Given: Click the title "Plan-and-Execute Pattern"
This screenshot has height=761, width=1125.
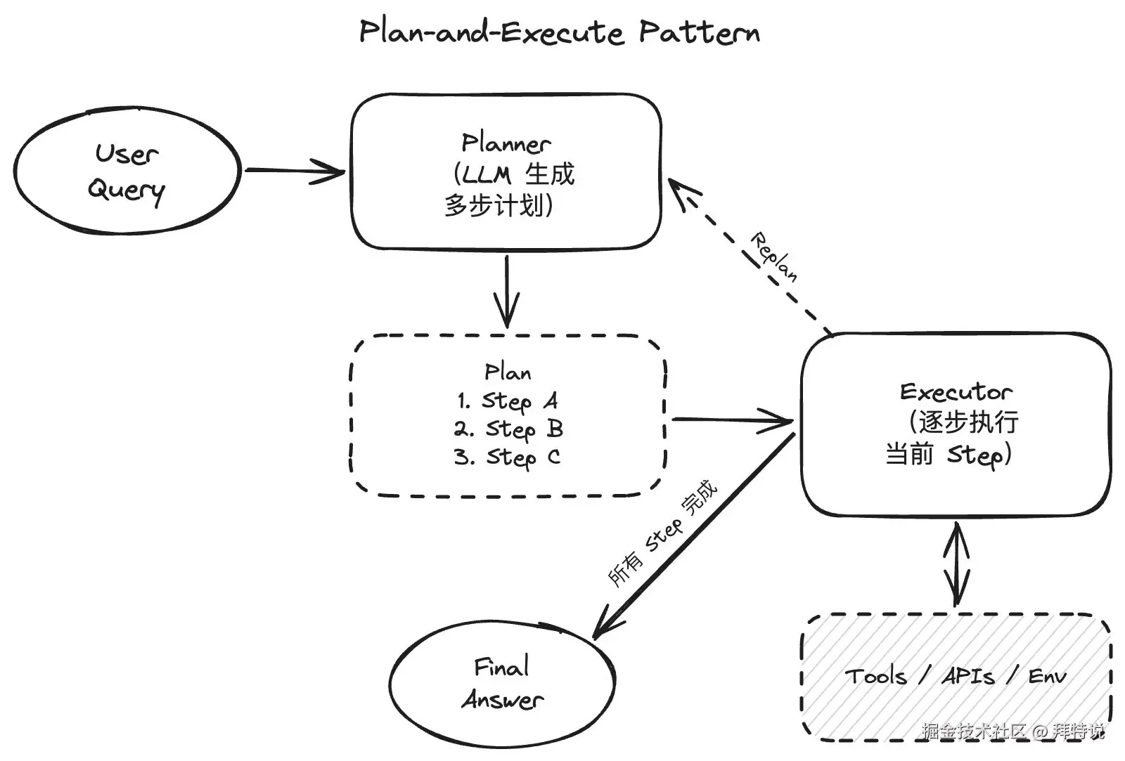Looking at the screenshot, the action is (560, 32).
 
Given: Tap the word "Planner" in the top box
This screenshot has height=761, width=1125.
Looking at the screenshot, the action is (506, 143).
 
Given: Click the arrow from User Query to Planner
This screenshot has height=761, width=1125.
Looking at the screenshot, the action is (295, 171).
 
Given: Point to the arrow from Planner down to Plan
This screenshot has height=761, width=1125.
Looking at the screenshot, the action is (507, 291).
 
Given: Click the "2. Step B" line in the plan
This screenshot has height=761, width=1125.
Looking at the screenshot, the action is (508, 430).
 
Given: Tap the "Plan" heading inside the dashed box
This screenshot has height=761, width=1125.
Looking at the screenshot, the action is (507, 372).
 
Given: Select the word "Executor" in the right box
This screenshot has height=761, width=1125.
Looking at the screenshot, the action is (956, 392).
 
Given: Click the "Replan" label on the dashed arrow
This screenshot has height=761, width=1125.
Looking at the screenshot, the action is (773, 257).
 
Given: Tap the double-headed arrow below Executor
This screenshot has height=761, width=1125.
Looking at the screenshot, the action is (956, 564).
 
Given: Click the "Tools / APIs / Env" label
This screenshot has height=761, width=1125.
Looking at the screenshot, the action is (956, 677).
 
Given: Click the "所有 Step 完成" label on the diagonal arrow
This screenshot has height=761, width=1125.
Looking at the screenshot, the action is (662, 533).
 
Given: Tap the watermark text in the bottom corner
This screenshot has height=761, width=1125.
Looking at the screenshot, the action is (1013, 731).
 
